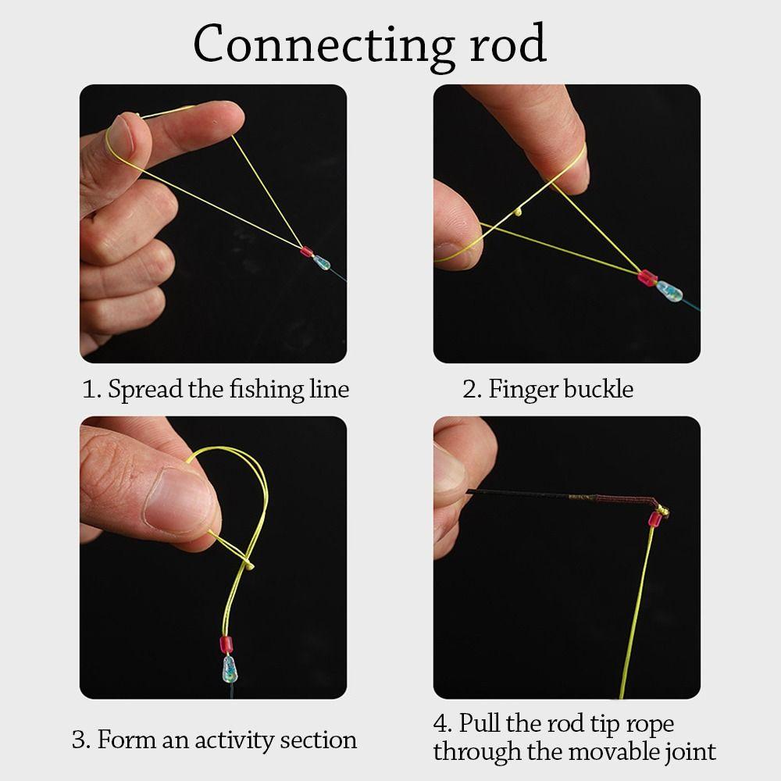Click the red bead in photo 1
tap(305, 252)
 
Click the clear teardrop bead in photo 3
tap(230, 669)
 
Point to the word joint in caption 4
tap(688, 752)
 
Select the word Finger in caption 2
tap(521, 389)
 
